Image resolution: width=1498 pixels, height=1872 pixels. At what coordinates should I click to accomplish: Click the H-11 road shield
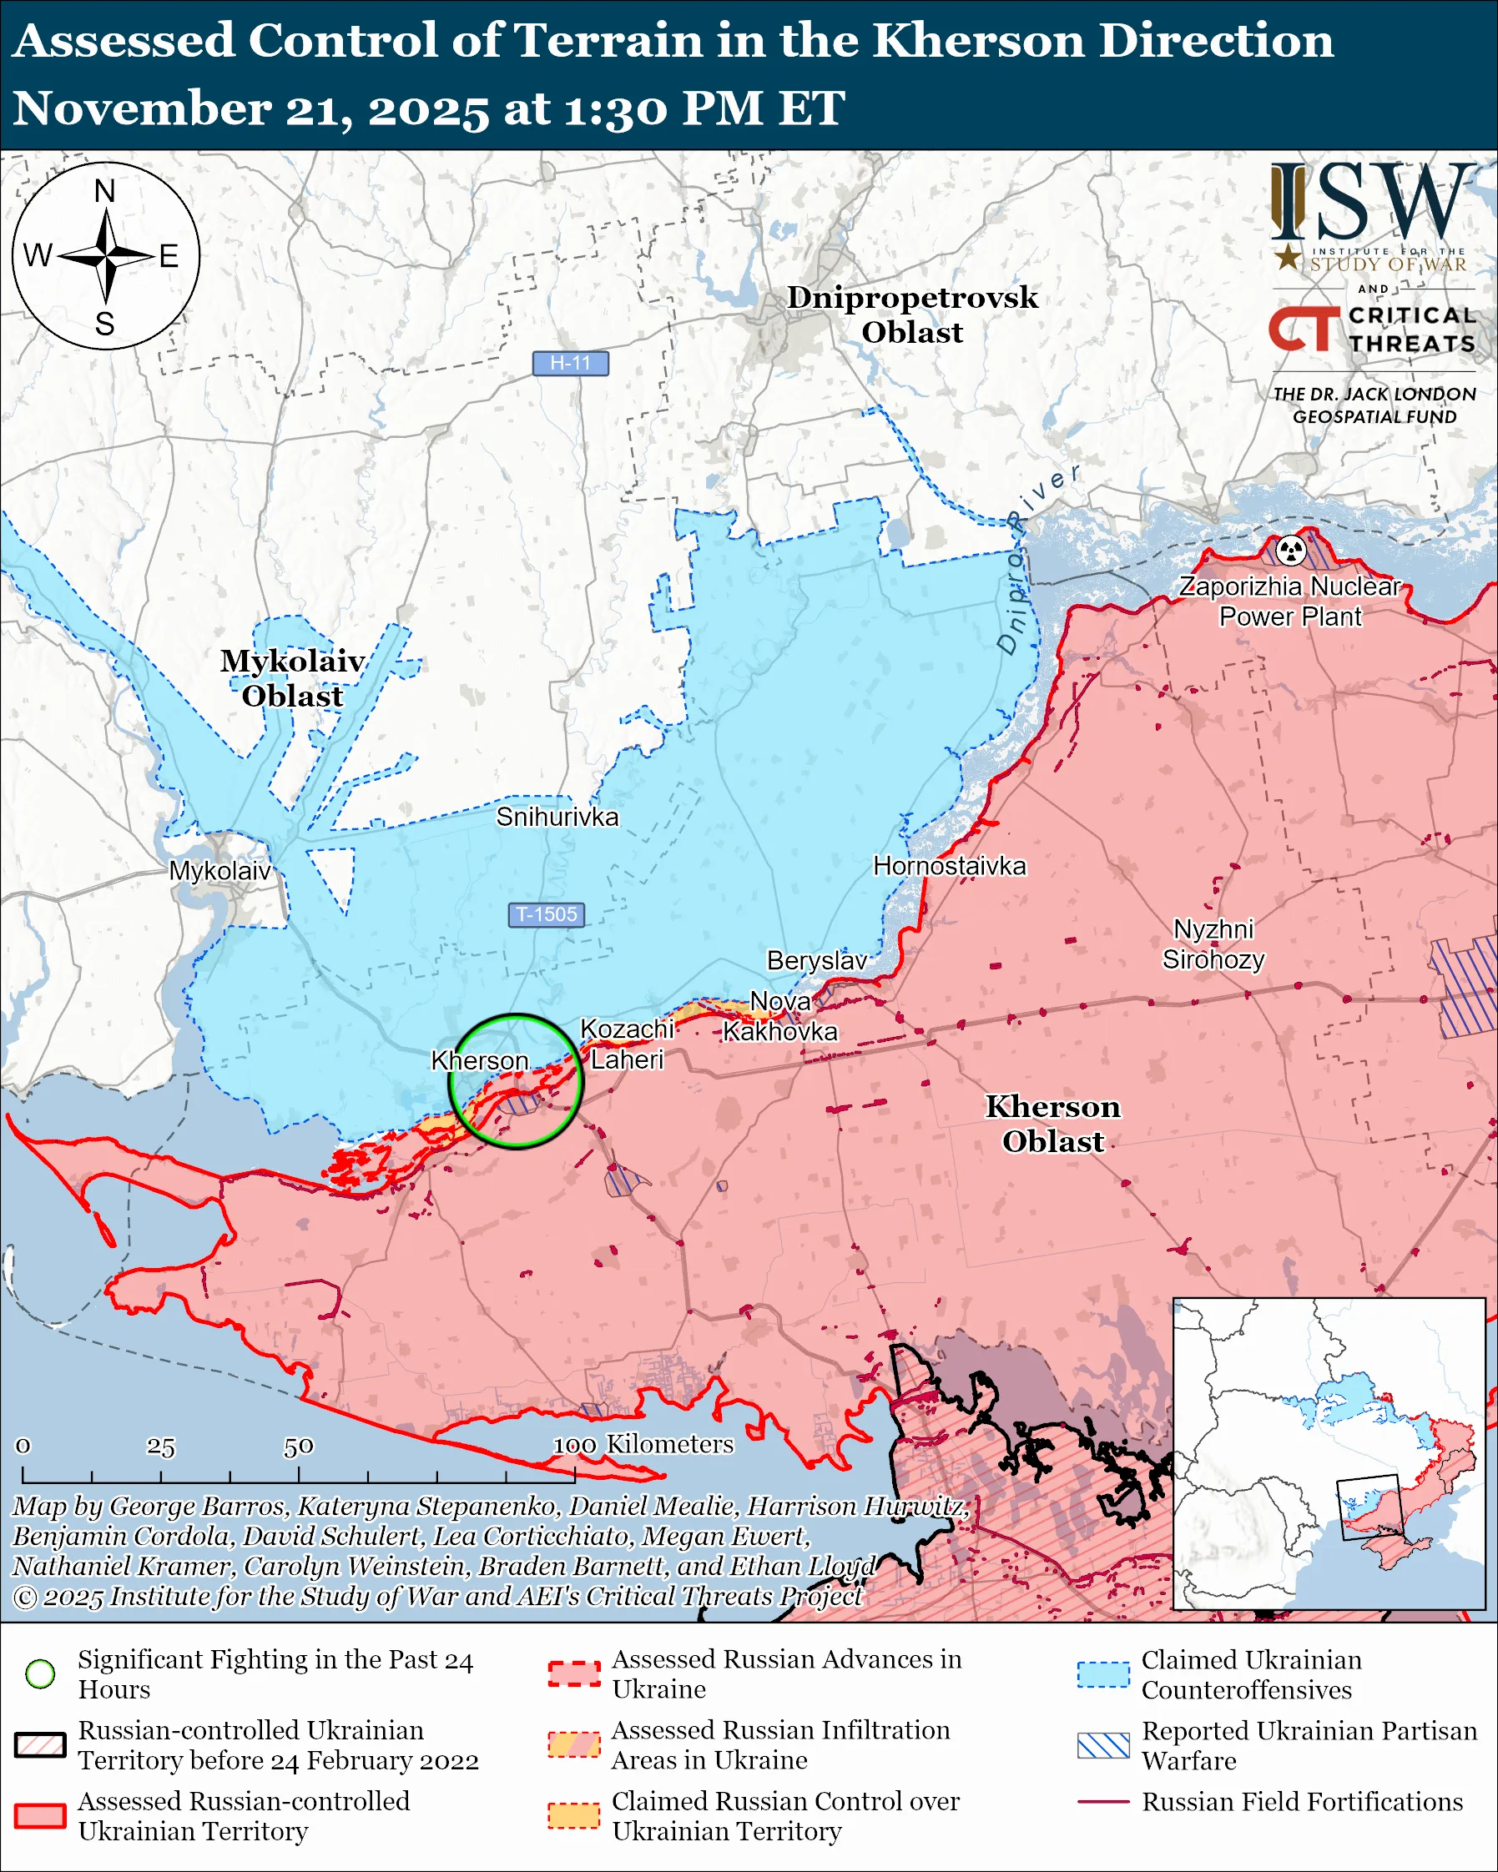coord(570,363)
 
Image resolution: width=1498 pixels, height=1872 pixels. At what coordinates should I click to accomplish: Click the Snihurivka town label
coord(557,817)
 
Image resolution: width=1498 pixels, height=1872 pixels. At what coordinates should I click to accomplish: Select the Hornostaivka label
coord(949,866)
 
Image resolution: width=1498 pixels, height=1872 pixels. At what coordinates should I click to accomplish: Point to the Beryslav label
coord(816,960)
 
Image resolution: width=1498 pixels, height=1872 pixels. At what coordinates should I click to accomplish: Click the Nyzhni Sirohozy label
coord(1213,944)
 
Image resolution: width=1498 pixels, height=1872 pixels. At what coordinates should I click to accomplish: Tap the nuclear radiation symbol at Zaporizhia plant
coord(1291,550)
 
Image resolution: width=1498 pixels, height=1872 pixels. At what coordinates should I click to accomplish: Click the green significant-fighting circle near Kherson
coord(516,1015)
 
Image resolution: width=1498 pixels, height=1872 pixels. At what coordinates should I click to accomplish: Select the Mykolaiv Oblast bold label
coord(293,678)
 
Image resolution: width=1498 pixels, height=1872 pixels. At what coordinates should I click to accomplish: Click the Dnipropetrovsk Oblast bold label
coord(912,315)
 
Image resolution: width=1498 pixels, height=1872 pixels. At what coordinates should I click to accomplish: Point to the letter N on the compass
coord(105,191)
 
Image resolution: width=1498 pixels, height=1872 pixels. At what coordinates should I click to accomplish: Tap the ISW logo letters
coord(1372,201)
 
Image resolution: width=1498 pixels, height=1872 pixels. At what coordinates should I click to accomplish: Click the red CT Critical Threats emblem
coord(1304,329)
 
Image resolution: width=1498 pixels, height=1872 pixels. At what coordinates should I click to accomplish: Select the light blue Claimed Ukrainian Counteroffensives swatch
coord(1103,1674)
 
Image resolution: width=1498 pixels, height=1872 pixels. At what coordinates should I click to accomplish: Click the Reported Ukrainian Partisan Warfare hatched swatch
coord(1103,1745)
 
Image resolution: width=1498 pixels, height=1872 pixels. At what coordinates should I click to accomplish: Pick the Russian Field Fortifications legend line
coord(1103,1802)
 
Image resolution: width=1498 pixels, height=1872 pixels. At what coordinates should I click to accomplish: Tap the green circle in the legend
coord(40,1674)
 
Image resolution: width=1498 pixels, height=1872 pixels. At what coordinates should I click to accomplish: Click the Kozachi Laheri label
coord(626,1044)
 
